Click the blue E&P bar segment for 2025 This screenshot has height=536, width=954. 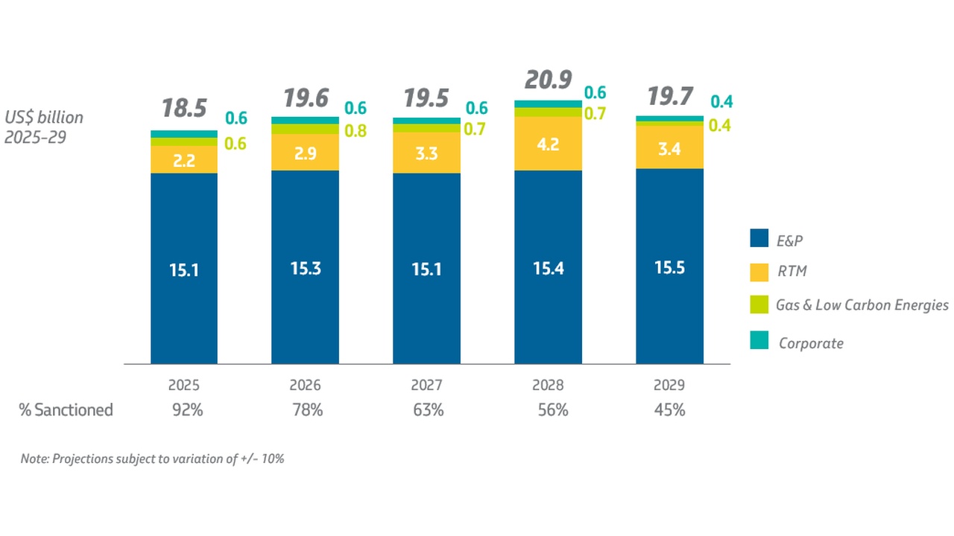183,268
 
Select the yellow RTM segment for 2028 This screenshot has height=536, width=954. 548,144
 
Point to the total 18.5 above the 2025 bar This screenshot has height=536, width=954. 184,109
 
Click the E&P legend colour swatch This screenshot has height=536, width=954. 759,240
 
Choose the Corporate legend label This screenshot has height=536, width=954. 811,343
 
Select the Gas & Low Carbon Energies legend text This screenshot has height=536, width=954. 862,305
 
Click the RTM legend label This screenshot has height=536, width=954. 792,272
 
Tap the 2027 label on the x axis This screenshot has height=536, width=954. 426,386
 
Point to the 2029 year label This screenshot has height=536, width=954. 669,386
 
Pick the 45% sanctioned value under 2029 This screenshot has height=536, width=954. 669,409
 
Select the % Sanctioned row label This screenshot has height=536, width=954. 66,409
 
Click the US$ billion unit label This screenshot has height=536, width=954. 44,118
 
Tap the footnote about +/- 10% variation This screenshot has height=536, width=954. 153,459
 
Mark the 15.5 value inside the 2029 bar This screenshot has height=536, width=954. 669,267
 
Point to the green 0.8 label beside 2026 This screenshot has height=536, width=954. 356,131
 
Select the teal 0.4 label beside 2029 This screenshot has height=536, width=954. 721,102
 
